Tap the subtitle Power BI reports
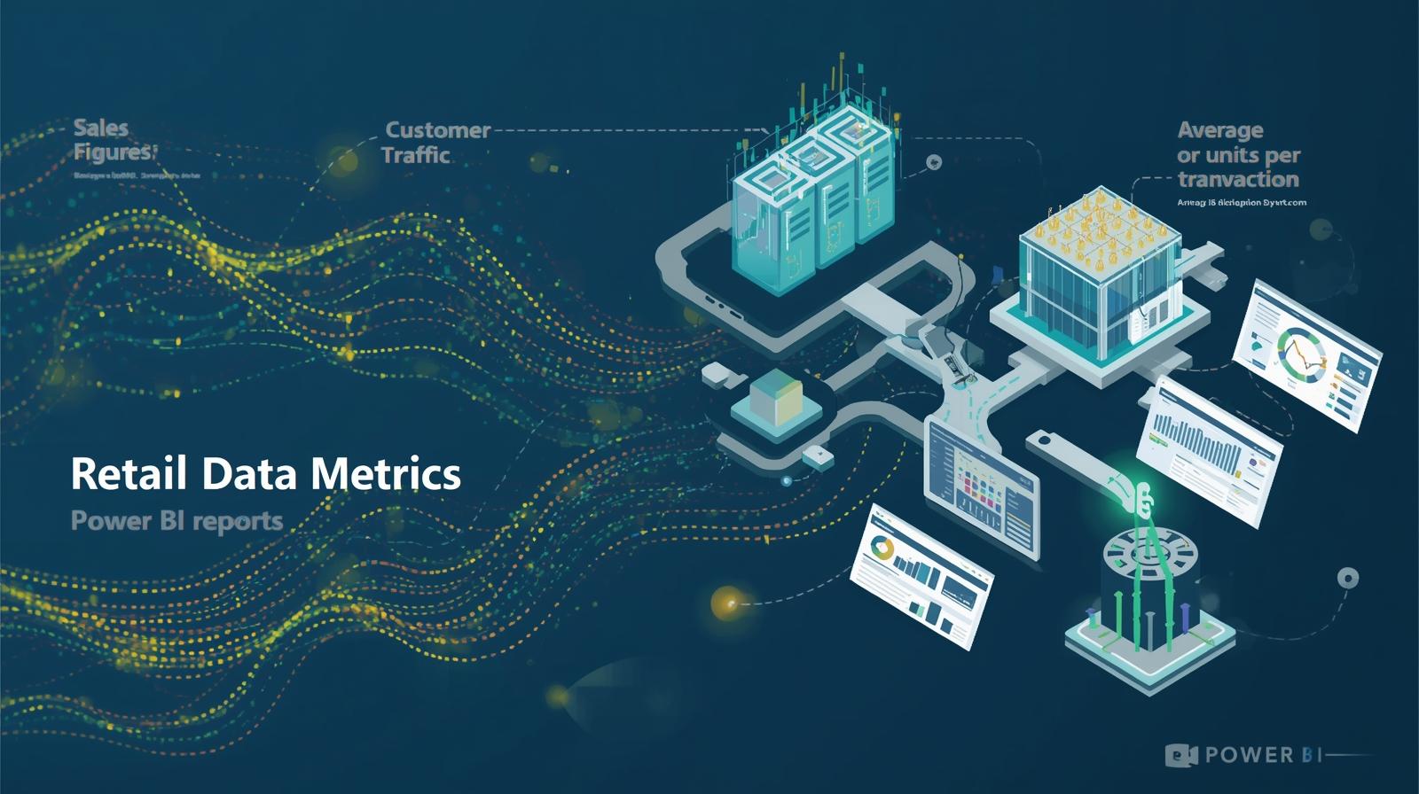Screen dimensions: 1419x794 click(x=176, y=520)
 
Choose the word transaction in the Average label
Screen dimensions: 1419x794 click(x=1237, y=180)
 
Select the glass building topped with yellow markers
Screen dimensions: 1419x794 click(x=1100, y=275)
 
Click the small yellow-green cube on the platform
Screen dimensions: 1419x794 click(x=775, y=400)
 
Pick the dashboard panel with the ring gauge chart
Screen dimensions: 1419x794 click(x=1308, y=354)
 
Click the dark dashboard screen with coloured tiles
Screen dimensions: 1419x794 click(x=980, y=487)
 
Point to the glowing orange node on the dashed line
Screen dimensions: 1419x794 click(x=727, y=603)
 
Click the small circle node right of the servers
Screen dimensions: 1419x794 click(x=933, y=162)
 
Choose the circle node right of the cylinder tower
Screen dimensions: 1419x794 click(x=1347, y=578)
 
